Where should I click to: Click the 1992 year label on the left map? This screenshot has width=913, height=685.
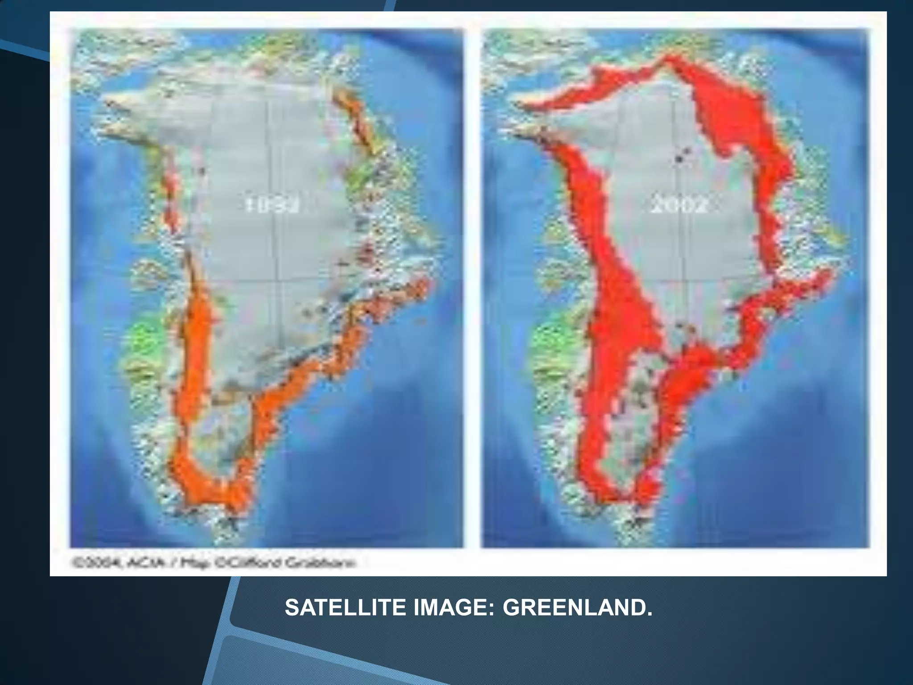[272, 206]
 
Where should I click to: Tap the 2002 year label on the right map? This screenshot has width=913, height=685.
[678, 206]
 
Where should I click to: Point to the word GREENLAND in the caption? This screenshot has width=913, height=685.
[577, 608]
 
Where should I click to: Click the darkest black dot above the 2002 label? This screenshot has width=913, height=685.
[679, 158]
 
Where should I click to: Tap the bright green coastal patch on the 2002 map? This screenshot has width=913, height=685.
[553, 341]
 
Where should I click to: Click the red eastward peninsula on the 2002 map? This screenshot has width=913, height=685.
[802, 290]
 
